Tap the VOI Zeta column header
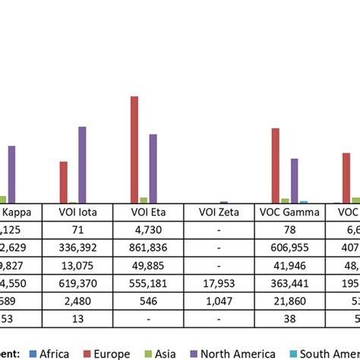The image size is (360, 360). (x=219, y=213)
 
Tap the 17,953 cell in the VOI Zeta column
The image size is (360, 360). (x=219, y=283)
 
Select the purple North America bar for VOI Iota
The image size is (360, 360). (x=82, y=164)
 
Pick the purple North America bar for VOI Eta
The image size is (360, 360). (x=153, y=168)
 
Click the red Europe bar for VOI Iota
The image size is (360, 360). (x=64, y=182)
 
